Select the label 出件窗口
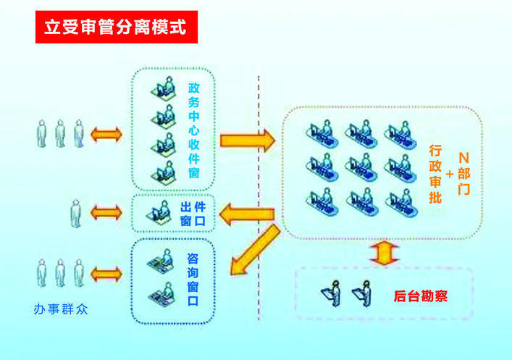point(195,213)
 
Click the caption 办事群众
point(62,309)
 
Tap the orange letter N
point(464,156)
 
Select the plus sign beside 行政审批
point(450,174)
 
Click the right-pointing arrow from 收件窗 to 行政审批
point(247,139)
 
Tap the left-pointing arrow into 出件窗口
point(246,214)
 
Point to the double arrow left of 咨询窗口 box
point(106,274)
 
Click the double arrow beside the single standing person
point(106,212)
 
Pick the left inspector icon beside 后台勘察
point(335,293)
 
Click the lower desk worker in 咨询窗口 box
point(162,293)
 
